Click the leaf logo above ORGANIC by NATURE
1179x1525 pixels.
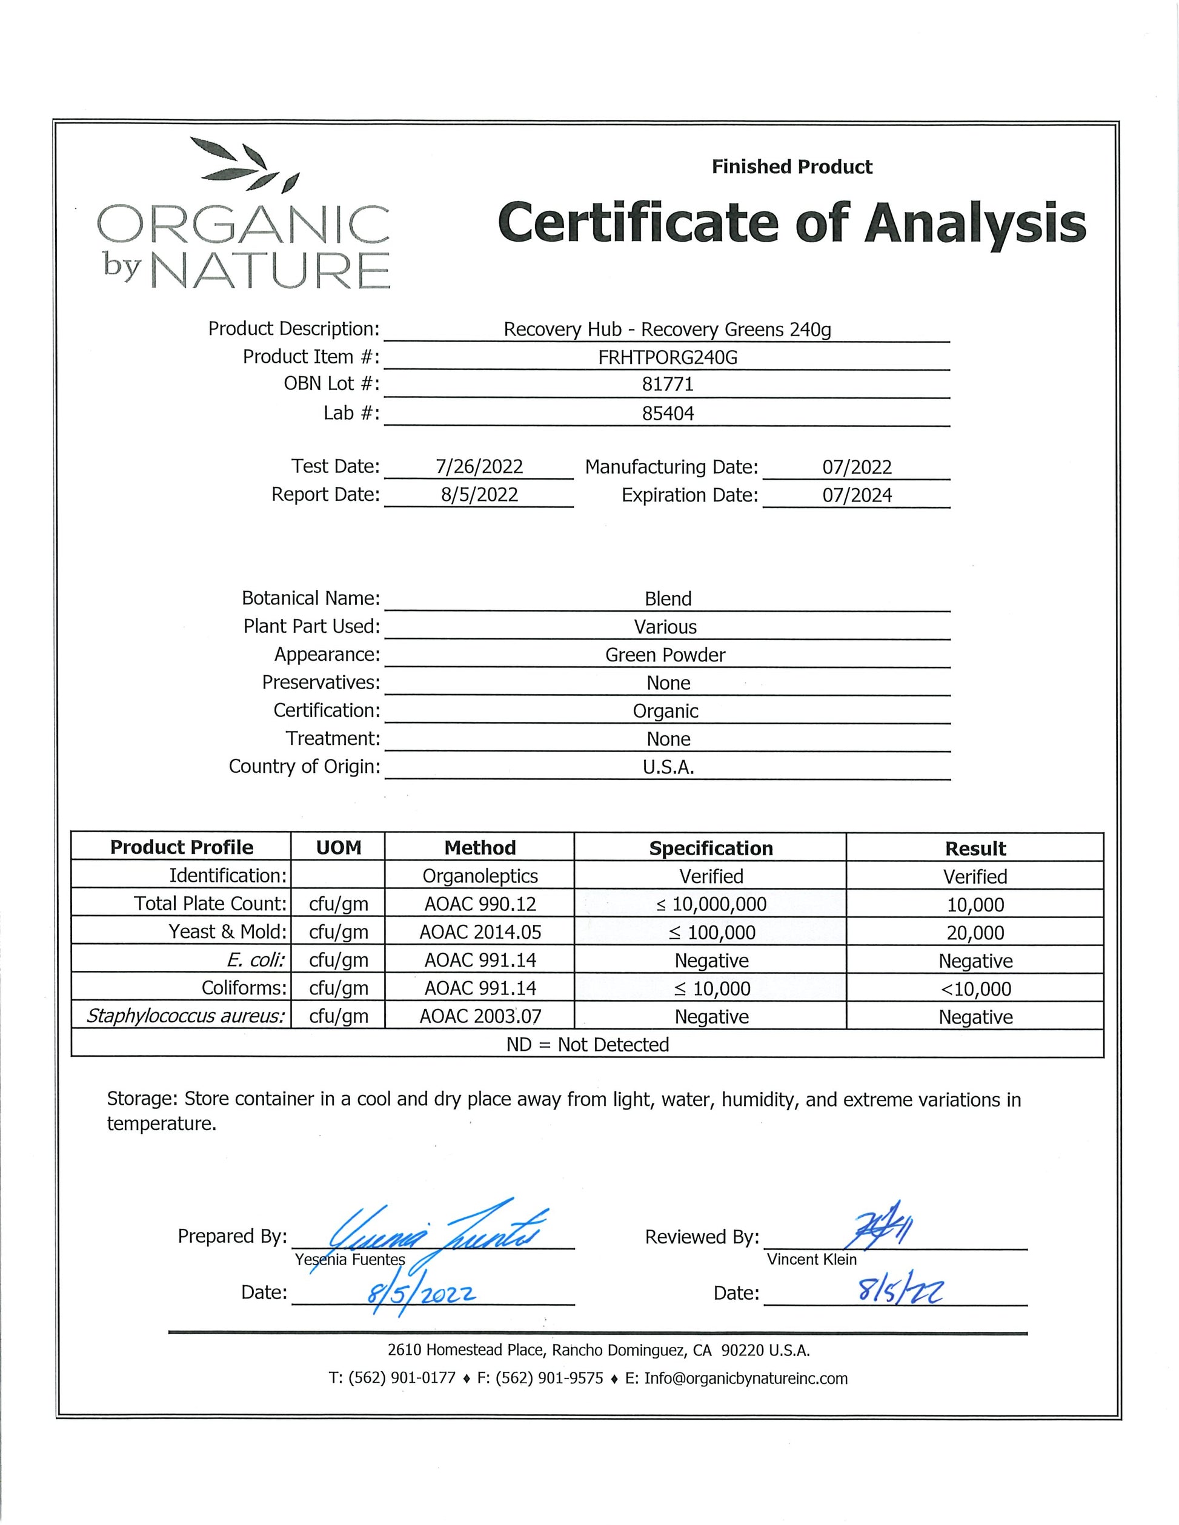pyautogui.click(x=244, y=165)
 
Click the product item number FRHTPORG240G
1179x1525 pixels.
pyautogui.click(x=667, y=357)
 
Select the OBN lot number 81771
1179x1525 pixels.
pyautogui.click(x=667, y=384)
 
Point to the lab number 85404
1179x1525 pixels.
pyautogui.click(x=668, y=414)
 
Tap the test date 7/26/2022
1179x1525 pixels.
pyautogui.click(x=479, y=466)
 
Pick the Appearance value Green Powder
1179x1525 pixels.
pyautogui.click(x=665, y=655)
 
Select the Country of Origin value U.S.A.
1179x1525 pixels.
pyautogui.click(x=668, y=767)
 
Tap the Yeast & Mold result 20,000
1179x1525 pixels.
pyautogui.click(x=975, y=933)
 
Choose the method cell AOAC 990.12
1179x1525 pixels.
pyautogui.click(x=480, y=904)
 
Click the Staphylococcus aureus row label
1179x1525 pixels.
pyautogui.click(x=186, y=1016)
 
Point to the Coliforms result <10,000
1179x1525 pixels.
pyautogui.click(x=975, y=989)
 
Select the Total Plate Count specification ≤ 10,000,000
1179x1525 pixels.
pyautogui.click(x=711, y=904)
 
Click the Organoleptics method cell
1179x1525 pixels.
pyautogui.click(x=480, y=876)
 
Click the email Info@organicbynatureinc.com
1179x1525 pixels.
pyautogui.click(x=745, y=1378)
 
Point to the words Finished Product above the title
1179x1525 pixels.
pyautogui.click(x=791, y=167)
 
